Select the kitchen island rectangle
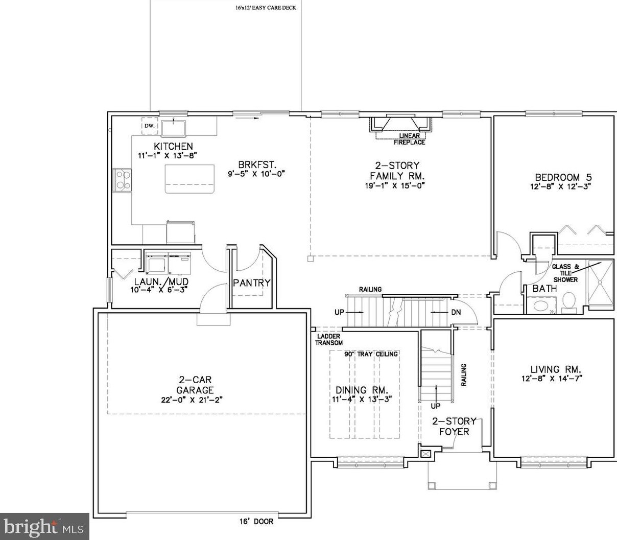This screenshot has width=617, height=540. click(189, 179)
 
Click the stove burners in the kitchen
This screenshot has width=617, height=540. click(123, 179)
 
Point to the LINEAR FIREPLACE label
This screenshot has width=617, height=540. click(409, 139)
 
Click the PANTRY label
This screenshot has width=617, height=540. click(251, 283)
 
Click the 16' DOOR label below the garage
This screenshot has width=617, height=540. click(256, 522)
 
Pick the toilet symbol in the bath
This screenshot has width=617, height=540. click(568, 302)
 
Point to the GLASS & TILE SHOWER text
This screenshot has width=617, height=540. click(565, 273)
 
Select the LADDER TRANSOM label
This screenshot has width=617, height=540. click(328, 340)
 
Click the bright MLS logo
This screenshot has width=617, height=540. click(45, 526)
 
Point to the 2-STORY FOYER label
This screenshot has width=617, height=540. click(454, 426)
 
